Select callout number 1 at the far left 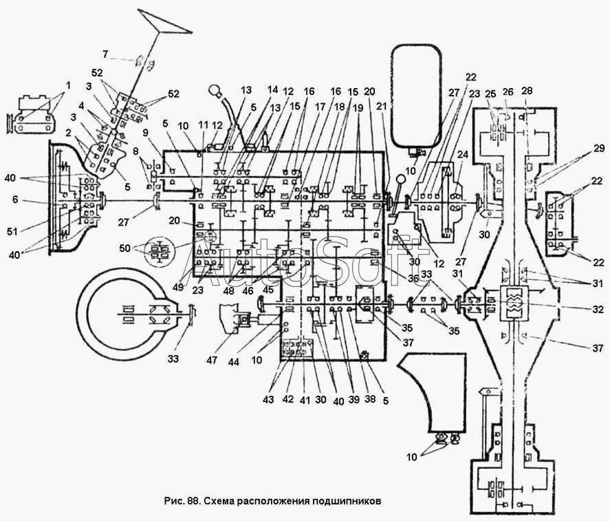(x=68, y=85)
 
